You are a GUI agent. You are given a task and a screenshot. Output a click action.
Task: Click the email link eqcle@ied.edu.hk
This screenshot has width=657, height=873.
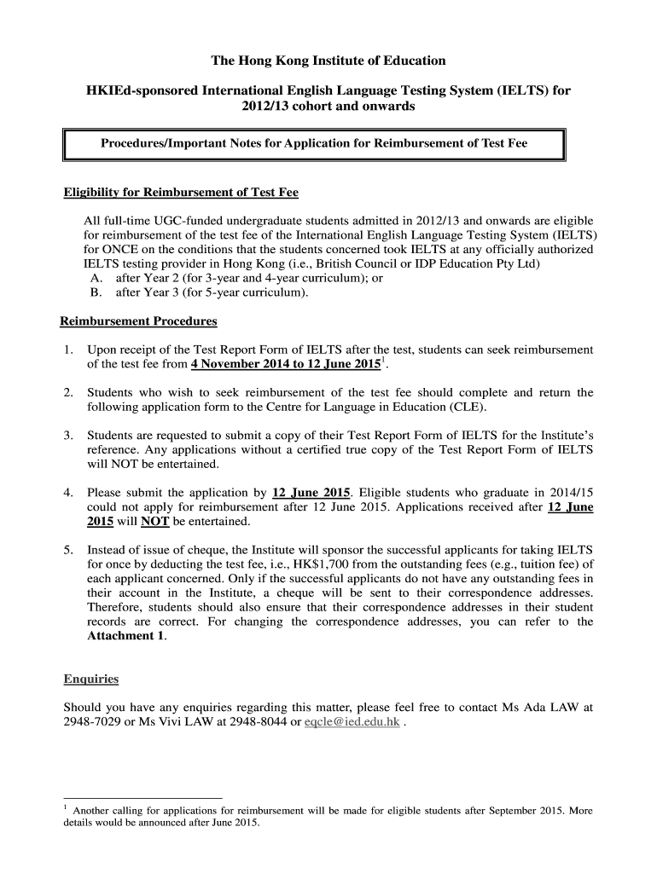358,722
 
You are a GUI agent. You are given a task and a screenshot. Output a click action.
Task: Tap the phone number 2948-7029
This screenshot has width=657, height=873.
92,722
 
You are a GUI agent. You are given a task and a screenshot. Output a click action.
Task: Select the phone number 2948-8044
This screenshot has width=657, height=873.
261,722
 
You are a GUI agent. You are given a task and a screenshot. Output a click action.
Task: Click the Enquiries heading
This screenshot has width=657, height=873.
91,679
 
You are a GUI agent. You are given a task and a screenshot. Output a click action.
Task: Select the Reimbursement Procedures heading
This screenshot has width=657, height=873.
138,321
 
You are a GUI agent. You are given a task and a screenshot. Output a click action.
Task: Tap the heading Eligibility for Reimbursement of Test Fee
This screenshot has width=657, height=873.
181,192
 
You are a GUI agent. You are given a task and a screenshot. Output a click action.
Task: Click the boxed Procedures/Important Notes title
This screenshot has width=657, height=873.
314,144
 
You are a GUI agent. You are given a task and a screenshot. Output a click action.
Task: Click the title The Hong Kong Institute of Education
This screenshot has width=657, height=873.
328,61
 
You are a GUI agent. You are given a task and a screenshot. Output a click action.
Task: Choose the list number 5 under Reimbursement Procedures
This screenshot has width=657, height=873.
68,550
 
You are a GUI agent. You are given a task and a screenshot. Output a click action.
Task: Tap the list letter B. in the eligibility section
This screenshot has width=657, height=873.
96,292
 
